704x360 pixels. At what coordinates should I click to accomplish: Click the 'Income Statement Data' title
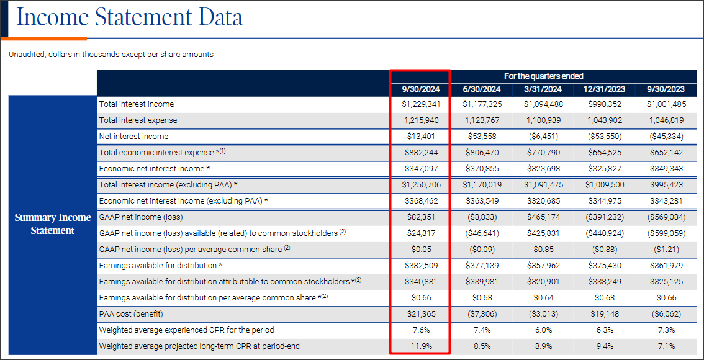pos(129,17)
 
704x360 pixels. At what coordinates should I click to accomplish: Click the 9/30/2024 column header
pos(420,89)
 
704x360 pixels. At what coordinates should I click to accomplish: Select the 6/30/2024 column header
pos(481,89)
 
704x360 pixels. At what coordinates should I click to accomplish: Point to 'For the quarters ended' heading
pos(543,76)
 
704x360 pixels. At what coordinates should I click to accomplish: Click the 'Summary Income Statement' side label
pos(53,224)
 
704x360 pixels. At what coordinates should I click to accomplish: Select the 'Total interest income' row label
pos(137,104)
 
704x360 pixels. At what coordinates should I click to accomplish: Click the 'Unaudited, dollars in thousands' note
pos(111,55)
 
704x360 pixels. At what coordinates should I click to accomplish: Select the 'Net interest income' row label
pos(133,137)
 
